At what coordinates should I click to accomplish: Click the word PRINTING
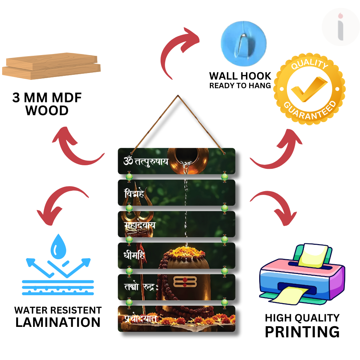pos(302,332)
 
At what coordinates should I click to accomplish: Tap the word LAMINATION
pos(58,322)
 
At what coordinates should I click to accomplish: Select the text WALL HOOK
pos(240,76)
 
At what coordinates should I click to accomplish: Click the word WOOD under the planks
pos(47,111)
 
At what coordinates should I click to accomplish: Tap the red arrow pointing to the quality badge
pos(279,148)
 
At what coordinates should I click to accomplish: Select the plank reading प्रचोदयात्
pos(176,319)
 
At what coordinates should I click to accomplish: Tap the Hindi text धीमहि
pos(134,256)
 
